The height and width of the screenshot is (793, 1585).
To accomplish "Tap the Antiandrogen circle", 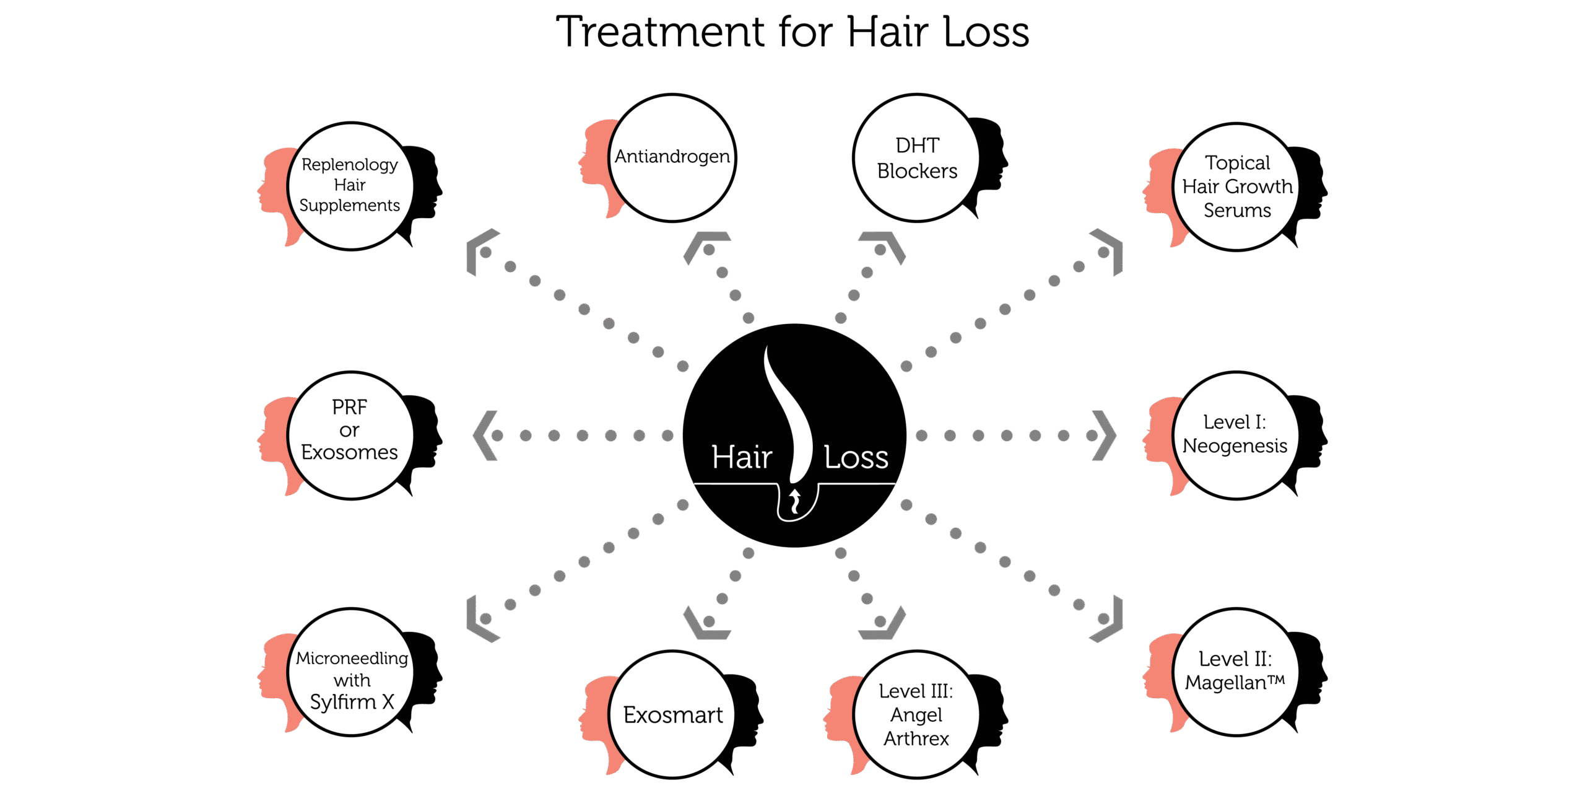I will click(672, 157).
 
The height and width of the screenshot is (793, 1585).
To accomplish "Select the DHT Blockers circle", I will click(916, 158).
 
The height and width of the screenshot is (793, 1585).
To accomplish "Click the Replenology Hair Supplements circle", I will click(350, 186).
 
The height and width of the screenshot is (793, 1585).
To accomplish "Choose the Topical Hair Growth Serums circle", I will click(1236, 186).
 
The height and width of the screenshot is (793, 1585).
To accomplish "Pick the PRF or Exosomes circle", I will click(350, 435).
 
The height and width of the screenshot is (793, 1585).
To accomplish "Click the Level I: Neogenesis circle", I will click(1236, 435).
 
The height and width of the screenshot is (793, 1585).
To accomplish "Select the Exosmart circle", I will click(672, 714).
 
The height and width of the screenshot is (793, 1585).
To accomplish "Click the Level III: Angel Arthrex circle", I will click(916, 714).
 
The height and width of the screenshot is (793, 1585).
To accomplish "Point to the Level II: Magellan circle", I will click(1236, 672).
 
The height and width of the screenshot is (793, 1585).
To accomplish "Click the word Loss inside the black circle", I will click(856, 458).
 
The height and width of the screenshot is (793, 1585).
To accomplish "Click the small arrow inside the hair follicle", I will click(795, 501).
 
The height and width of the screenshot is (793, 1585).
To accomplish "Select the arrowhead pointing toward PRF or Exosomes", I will click(484, 436).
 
